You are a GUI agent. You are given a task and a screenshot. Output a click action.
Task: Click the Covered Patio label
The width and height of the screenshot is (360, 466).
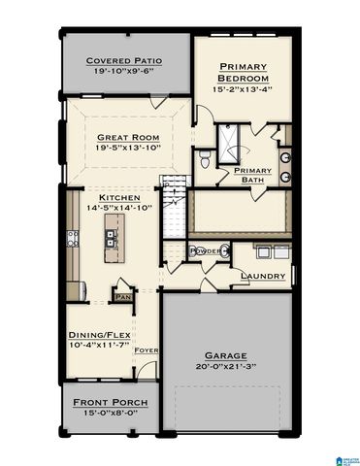(123, 60)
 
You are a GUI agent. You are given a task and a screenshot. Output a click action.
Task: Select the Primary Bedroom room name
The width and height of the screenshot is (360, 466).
(243, 74)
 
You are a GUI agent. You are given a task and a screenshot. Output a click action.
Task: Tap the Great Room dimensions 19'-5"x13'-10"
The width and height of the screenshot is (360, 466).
(128, 150)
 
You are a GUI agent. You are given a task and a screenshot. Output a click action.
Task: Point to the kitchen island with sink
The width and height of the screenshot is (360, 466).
(115, 244)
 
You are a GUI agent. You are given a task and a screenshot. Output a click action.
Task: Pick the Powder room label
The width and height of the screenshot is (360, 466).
(206, 251)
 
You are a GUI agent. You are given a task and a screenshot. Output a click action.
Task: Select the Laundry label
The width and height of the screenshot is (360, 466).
(263, 276)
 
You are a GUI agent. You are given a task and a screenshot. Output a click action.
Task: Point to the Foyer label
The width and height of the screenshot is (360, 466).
(147, 350)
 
